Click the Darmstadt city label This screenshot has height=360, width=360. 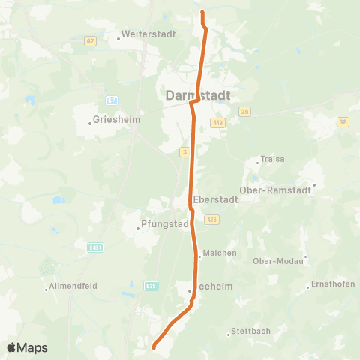[x=196, y=95]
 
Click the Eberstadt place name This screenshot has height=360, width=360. [x=215, y=200]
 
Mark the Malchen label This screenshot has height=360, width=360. [x=220, y=253]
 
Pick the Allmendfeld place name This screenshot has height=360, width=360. [x=72, y=286]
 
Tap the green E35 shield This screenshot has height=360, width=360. [x=152, y=285]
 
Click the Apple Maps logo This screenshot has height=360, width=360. [x=27, y=347]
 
